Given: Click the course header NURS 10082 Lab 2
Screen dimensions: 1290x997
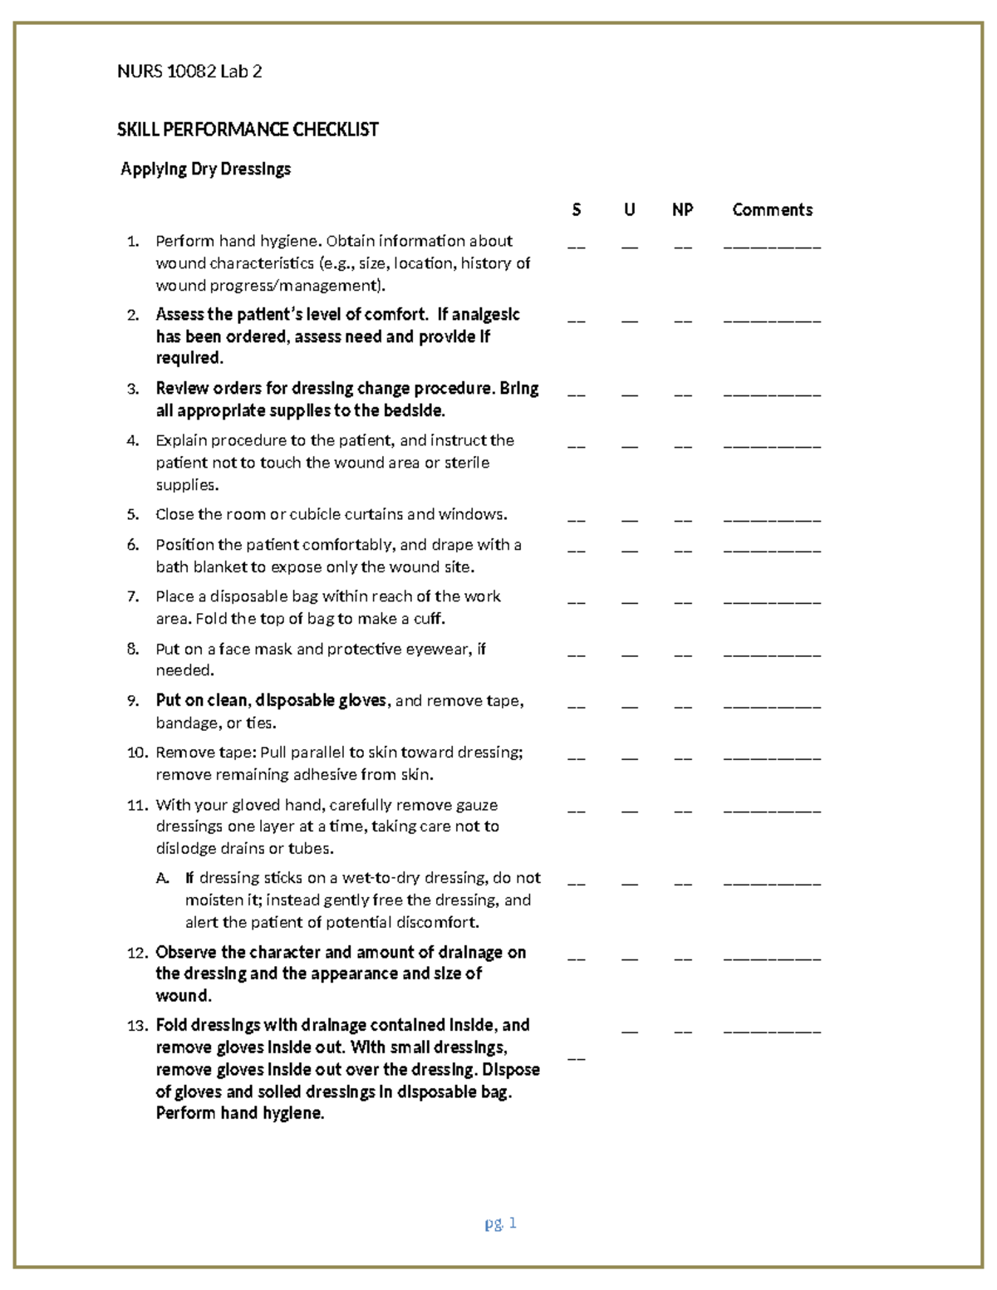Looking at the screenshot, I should pyautogui.click(x=189, y=71).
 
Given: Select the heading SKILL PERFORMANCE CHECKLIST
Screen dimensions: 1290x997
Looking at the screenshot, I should pyautogui.click(x=248, y=130).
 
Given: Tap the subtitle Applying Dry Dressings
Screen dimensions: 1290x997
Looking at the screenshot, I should pyautogui.click(x=205, y=169).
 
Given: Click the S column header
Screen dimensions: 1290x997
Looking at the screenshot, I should pyautogui.click(x=577, y=210).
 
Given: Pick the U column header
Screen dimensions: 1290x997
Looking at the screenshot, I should pyautogui.click(x=630, y=210).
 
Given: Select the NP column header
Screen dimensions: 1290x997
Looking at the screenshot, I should pyautogui.click(x=682, y=210).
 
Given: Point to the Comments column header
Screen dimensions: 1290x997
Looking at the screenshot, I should pyautogui.click(x=772, y=210).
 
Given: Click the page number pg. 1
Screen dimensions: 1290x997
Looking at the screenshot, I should pyautogui.click(x=500, y=1223).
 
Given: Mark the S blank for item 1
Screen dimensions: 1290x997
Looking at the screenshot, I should pyautogui.click(x=577, y=247).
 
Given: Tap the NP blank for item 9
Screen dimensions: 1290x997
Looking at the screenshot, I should pyautogui.click(x=682, y=707).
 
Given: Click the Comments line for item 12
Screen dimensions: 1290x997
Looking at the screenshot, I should pyautogui.click(x=772, y=959).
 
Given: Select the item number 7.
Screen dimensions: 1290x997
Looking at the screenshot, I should pyautogui.click(x=133, y=596).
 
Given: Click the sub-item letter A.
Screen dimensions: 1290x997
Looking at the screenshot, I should pyautogui.click(x=162, y=878).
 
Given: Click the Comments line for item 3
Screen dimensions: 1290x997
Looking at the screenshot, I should pyautogui.click(x=772, y=395).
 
